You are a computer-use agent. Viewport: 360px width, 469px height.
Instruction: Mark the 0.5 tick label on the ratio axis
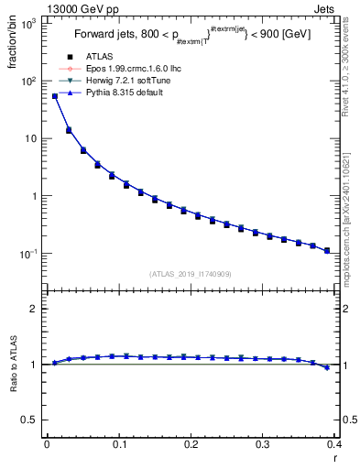pyautogui.click(x=28, y=420)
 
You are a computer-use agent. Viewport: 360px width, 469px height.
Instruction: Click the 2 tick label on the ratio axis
pyautogui.click(x=33, y=309)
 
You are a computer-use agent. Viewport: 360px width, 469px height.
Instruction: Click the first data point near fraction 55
pyautogui.click(x=55, y=95)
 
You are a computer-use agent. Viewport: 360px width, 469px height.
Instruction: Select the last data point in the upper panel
pyautogui.click(x=327, y=250)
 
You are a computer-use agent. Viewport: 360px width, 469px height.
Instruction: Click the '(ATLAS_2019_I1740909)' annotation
pyautogui.click(x=191, y=275)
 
